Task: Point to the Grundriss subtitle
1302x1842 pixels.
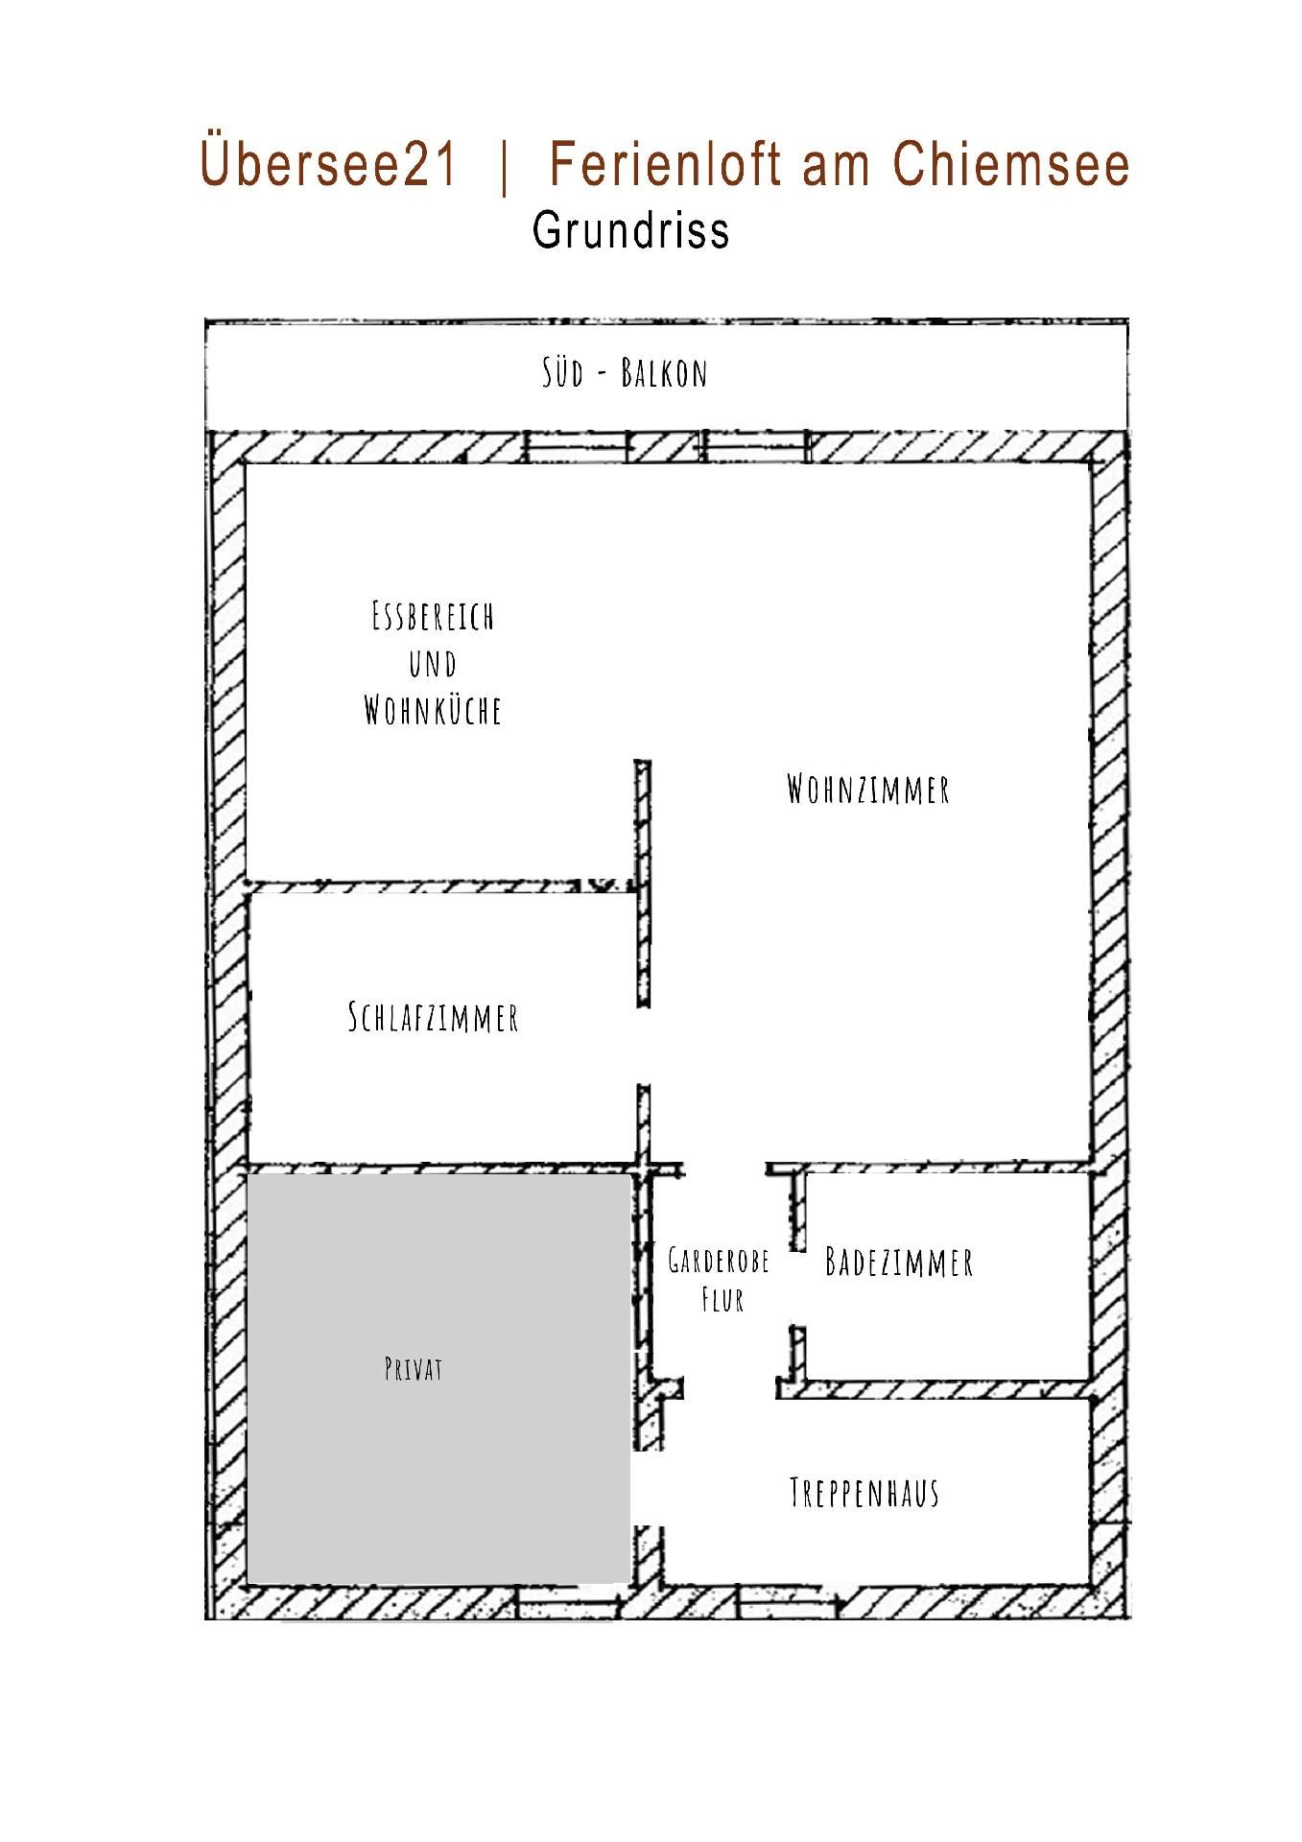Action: point(631,230)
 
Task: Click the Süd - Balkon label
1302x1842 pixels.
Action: point(625,372)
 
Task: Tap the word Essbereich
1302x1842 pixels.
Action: point(433,616)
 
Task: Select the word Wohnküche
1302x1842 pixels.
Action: point(433,711)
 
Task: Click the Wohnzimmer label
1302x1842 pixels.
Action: point(868,789)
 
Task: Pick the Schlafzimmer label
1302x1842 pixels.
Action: point(433,1017)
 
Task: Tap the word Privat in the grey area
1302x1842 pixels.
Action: point(414,1369)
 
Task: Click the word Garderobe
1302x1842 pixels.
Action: point(719,1260)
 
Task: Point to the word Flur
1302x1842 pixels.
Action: point(722,1300)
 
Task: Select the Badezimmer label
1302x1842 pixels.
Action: point(899,1262)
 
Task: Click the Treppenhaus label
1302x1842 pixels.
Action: point(864,1493)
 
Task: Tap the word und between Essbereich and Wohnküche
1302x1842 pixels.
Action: point(433,664)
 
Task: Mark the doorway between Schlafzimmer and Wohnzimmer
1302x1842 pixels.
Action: point(643,1046)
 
